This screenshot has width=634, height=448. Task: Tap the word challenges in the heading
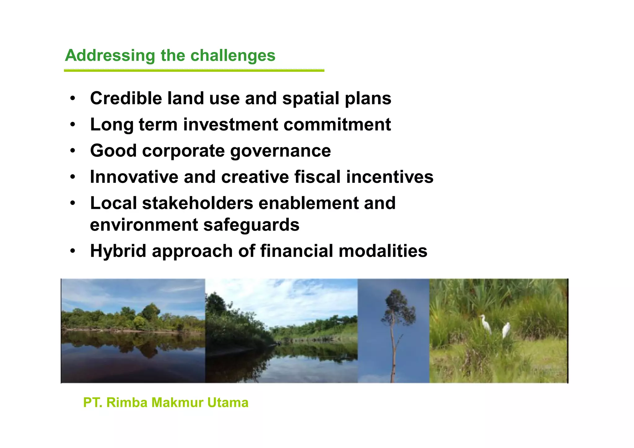tap(232, 56)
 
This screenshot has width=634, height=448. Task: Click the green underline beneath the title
tap(194, 71)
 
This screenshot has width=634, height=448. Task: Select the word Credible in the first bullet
tap(126, 98)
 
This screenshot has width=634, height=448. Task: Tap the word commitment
tap(337, 125)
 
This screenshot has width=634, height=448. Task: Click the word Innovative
tap(134, 177)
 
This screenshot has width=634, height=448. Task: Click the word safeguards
tap(251, 225)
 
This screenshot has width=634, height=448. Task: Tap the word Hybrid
tap(118, 251)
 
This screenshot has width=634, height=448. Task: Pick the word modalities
tap(383, 251)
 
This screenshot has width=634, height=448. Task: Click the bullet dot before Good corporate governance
tap(72, 151)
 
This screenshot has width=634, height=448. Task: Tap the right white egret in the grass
tap(506, 330)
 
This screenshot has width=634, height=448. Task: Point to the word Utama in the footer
tap(228, 403)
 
